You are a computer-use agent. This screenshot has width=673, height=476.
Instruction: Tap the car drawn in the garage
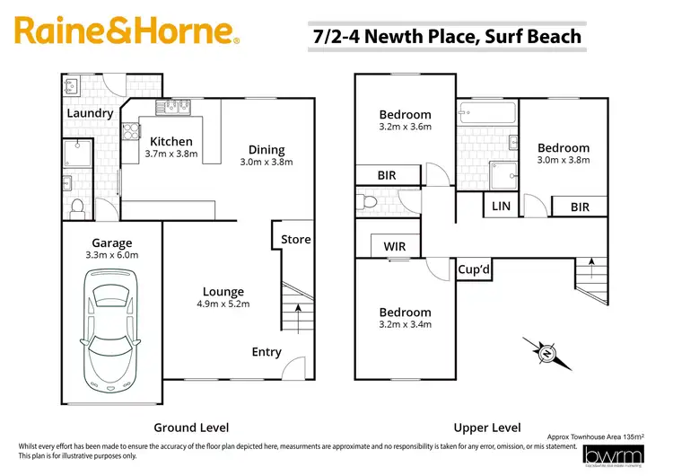pyautogui.click(x=112, y=330)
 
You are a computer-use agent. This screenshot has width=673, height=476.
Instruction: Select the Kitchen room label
pyautogui.click(x=170, y=141)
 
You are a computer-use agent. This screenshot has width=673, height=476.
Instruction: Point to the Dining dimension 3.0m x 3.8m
pyautogui.click(x=267, y=163)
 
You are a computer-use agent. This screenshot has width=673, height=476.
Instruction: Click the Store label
pyautogui.click(x=295, y=239)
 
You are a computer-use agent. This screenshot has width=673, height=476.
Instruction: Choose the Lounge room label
pyautogui.click(x=223, y=292)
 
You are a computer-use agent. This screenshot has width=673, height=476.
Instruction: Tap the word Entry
pyautogui.click(x=267, y=352)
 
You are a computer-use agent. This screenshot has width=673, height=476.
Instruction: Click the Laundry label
pyautogui.click(x=90, y=113)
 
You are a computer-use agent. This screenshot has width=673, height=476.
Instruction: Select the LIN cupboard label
pyautogui.click(x=501, y=207)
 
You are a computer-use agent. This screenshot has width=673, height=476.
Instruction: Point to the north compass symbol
pyautogui.click(x=546, y=353)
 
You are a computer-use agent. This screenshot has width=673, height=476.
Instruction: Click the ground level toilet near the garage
pyautogui.click(x=77, y=207)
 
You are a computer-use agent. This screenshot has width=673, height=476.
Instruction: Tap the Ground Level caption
pyautogui.click(x=191, y=428)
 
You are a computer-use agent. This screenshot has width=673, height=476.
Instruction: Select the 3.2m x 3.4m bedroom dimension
pyautogui.click(x=405, y=324)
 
